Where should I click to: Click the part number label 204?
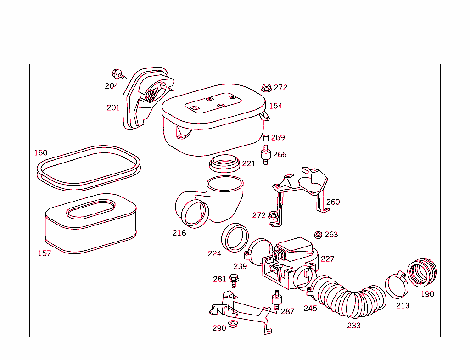(112, 86)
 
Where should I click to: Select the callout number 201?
(113, 108)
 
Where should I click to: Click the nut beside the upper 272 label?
(266, 87)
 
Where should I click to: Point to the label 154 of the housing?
(275, 106)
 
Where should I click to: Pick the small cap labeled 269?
(265, 138)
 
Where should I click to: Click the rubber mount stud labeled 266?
(265, 154)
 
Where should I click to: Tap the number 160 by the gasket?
(41, 152)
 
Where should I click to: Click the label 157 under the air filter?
(45, 253)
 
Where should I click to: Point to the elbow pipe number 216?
(179, 233)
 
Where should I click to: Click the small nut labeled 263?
(317, 235)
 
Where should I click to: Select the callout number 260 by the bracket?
(333, 202)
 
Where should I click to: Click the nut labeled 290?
(232, 325)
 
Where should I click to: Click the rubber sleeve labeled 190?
(422, 272)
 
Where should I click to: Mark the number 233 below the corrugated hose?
(354, 326)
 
